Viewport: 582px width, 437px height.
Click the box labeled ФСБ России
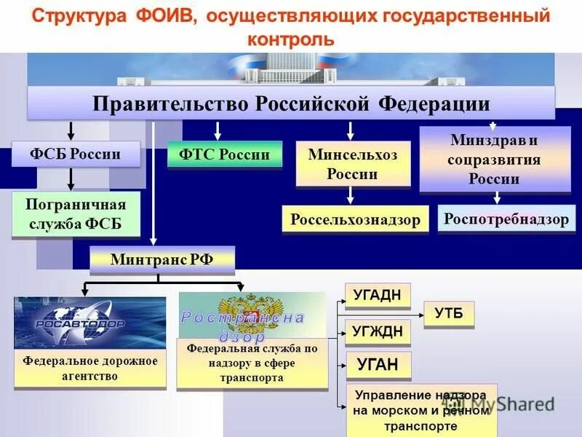coord(76,154)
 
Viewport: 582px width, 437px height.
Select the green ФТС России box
coord(224,154)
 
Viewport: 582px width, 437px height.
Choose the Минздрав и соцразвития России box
coord(494,159)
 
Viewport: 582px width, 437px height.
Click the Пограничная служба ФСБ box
coord(76,214)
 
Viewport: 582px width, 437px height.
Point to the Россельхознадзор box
coord(355,220)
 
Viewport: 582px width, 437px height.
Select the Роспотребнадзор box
coord(506,219)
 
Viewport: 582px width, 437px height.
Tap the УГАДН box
coord(377,296)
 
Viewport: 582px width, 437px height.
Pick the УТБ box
coord(448,314)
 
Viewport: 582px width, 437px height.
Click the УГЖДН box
coord(377,332)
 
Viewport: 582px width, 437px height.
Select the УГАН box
coord(377,366)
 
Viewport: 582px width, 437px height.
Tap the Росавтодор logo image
coord(89,323)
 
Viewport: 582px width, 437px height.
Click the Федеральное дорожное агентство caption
coord(89,368)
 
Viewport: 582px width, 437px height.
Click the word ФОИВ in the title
coord(163,16)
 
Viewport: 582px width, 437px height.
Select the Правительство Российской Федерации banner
coord(291,103)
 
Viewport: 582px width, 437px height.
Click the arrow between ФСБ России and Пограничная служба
coord(71,179)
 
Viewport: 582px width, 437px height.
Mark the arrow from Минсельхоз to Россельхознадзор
coord(351,194)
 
